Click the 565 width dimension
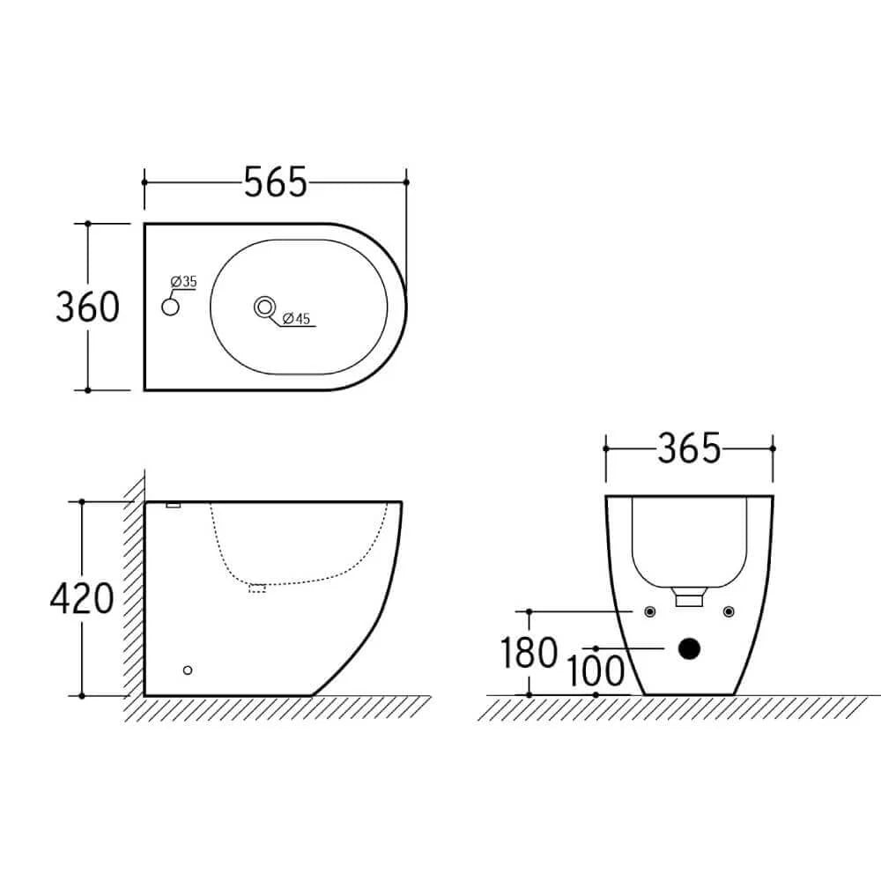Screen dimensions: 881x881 point(275,182)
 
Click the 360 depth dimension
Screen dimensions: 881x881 point(87,307)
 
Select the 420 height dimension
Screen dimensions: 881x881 point(82,599)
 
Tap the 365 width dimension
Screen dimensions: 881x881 point(689,448)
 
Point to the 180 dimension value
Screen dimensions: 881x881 point(529,654)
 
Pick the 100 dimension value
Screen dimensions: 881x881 point(596,671)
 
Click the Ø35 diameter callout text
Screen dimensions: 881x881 point(184,282)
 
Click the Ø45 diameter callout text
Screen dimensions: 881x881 point(296,320)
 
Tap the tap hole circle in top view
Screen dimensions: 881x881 point(171,307)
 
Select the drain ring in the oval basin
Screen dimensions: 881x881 point(263,307)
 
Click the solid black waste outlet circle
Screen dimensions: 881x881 point(689,649)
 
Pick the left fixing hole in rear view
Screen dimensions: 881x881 point(649,611)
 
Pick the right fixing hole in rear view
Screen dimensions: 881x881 point(728,611)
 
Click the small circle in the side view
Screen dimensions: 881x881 point(187,671)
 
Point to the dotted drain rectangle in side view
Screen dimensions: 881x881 point(257,588)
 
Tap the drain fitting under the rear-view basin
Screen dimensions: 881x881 point(688,598)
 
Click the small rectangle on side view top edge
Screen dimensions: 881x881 point(174,505)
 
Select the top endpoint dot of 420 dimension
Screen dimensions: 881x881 point(82,501)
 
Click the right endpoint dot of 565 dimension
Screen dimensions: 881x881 point(406,182)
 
